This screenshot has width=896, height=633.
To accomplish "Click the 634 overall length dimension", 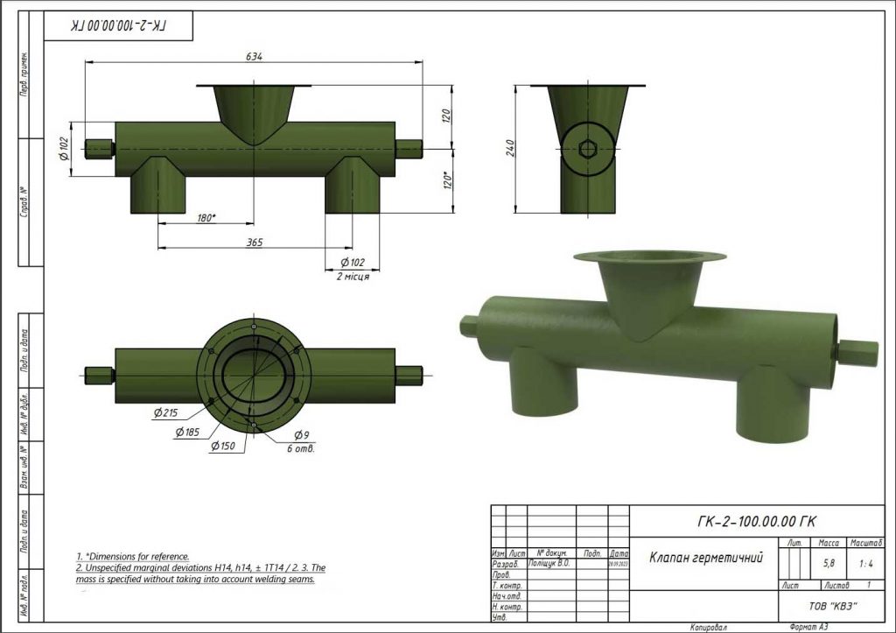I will [x=254, y=56].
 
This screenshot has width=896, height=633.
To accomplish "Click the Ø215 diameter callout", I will [x=164, y=412].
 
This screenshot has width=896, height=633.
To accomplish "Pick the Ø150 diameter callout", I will [x=222, y=446].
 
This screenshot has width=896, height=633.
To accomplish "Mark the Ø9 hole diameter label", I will [x=301, y=435].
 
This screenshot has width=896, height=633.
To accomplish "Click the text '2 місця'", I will [x=353, y=276].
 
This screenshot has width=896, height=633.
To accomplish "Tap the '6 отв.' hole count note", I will [x=300, y=448].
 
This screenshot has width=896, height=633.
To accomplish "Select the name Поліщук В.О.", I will [x=549, y=564].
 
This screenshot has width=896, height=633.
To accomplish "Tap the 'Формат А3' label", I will [x=808, y=627].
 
